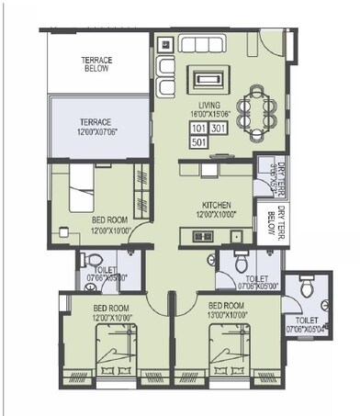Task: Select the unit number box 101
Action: pyautogui.click(x=199, y=128)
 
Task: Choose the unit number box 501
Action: pyautogui.click(x=199, y=141)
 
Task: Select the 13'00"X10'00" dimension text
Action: pyautogui.click(x=225, y=312)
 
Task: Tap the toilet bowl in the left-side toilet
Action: pyautogui.click(x=91, y=261)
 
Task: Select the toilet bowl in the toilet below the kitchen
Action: pyautogui.click(x=242, y=260)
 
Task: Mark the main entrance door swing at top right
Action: pyautogui.click(x=267, y=39)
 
